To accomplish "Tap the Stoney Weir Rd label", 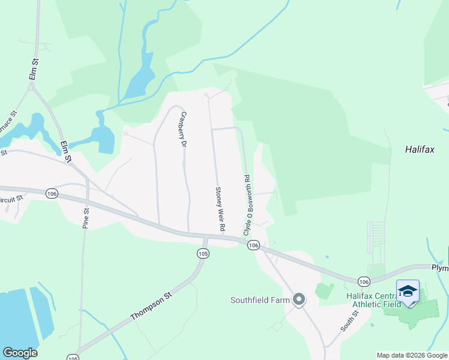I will click(220, 209).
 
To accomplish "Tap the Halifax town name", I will click(419, 149).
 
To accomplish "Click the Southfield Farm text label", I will click(261, 299).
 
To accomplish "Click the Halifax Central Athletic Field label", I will click(373, 299).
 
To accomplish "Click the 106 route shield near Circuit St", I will click(52, 193).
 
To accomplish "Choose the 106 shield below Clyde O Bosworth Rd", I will click(253, 245).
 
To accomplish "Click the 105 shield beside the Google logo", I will click(73, 358).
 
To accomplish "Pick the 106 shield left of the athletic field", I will click(364, 280).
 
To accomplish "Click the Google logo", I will click(20, 353).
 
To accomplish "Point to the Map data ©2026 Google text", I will click(412, 355).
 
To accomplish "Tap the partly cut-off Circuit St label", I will click(11, 197).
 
